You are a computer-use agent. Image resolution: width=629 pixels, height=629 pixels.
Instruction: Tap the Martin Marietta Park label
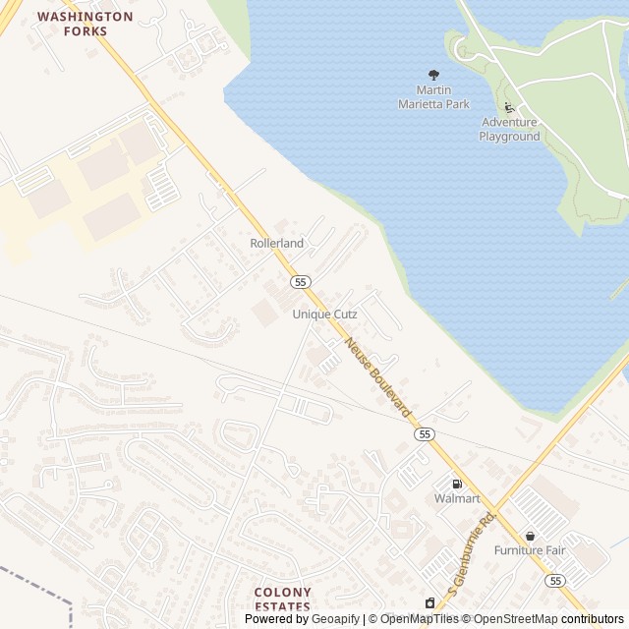[433, 97]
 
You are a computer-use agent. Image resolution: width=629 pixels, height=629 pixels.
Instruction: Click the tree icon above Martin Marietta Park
[433, 75]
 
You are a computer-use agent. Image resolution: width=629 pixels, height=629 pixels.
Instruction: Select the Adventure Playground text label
[509, 129]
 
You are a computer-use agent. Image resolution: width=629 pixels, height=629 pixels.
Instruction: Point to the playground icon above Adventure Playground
[509, 107]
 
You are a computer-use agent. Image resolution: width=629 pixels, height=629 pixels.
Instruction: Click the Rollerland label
[276, 243]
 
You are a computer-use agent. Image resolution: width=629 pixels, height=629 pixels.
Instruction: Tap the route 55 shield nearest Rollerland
[301, 282]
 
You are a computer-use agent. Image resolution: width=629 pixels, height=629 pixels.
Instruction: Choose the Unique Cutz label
[324, 314]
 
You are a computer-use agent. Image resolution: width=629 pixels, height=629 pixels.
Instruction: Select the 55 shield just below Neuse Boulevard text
[424, 433]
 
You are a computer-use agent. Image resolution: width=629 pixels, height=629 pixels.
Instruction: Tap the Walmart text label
[457, 498]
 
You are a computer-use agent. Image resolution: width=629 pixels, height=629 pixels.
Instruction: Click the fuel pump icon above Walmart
[457, 483]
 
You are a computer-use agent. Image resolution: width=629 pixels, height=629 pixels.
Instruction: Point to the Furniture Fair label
[531, 550]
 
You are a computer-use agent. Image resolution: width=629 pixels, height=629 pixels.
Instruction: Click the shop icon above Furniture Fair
[531, 536]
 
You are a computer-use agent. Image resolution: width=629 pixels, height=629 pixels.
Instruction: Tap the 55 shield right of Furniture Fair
[556, 581]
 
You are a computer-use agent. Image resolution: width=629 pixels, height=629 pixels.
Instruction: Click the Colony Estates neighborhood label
[282, 600]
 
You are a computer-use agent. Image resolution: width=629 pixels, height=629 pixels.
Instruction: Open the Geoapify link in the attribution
[335, 619]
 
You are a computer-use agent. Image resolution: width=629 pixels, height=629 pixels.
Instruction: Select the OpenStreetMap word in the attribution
[516, 619]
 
